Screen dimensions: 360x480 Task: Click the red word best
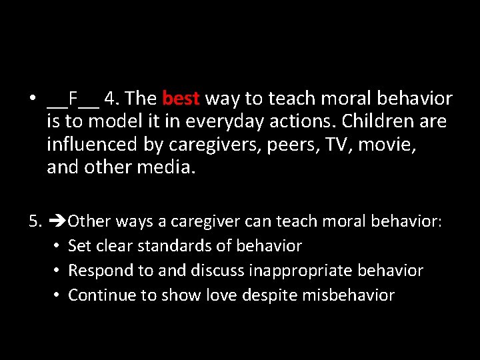click(181, 99)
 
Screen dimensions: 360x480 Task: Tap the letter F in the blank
click(73, 99)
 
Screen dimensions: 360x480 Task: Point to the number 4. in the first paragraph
click(112, 99)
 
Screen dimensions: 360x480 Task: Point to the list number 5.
click(36, 221)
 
